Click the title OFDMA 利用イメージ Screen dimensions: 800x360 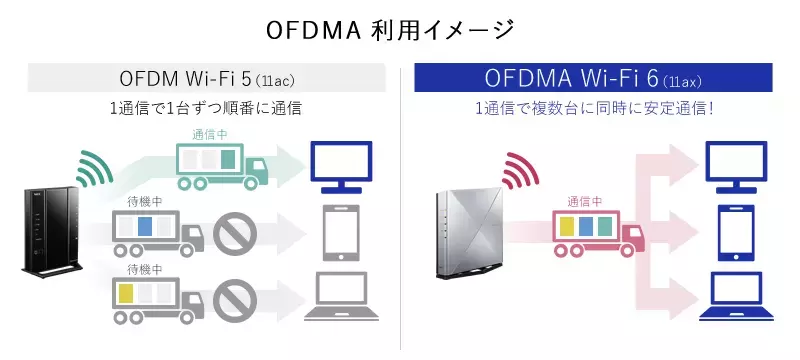(x=390, y=31)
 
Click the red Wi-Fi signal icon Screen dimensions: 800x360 (x=520, y=170)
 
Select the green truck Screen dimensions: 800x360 (x=221, y=166)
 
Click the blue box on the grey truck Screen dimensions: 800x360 (x=145, y=226)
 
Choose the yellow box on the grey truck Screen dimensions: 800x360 (x=126, y=293)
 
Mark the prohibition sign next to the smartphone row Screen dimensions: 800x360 (x=235, y=234)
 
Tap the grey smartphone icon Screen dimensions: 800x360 (x=342, y=233)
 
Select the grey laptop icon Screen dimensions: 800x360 (x=342, y=296)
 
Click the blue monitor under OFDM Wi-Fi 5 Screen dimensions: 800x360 (x=342, y=167)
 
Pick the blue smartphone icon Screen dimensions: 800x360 (x=736, y=233)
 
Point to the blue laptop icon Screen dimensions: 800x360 (x=736, y=296)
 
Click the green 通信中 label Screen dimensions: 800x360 (x=210, y=135)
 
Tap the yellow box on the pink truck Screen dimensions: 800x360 (x=568, y=226)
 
